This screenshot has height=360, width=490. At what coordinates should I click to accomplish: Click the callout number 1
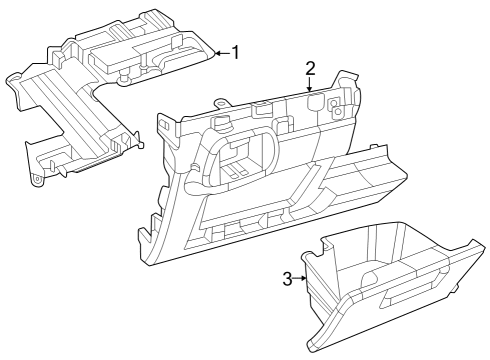(236, 53)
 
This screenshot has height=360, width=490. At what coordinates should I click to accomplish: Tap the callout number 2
(310, 68)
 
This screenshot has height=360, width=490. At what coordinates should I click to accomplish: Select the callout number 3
(287, 279)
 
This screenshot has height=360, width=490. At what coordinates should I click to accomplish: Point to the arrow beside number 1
(223, 53)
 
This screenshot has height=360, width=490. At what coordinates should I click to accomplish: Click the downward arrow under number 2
(310, 84)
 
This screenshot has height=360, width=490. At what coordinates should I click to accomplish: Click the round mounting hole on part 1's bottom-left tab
(37, 179)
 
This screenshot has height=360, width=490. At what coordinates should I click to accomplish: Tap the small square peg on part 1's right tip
(141, 145)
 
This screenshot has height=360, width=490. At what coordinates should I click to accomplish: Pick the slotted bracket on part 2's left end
(166, 124)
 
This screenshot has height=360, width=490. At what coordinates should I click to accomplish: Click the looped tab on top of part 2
(220, 102)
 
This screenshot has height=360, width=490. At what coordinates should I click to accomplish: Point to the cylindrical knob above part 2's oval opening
(221, 122)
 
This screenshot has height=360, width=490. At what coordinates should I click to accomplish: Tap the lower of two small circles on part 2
(338, 111)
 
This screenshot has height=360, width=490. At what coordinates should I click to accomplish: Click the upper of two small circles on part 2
(333, 103)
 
